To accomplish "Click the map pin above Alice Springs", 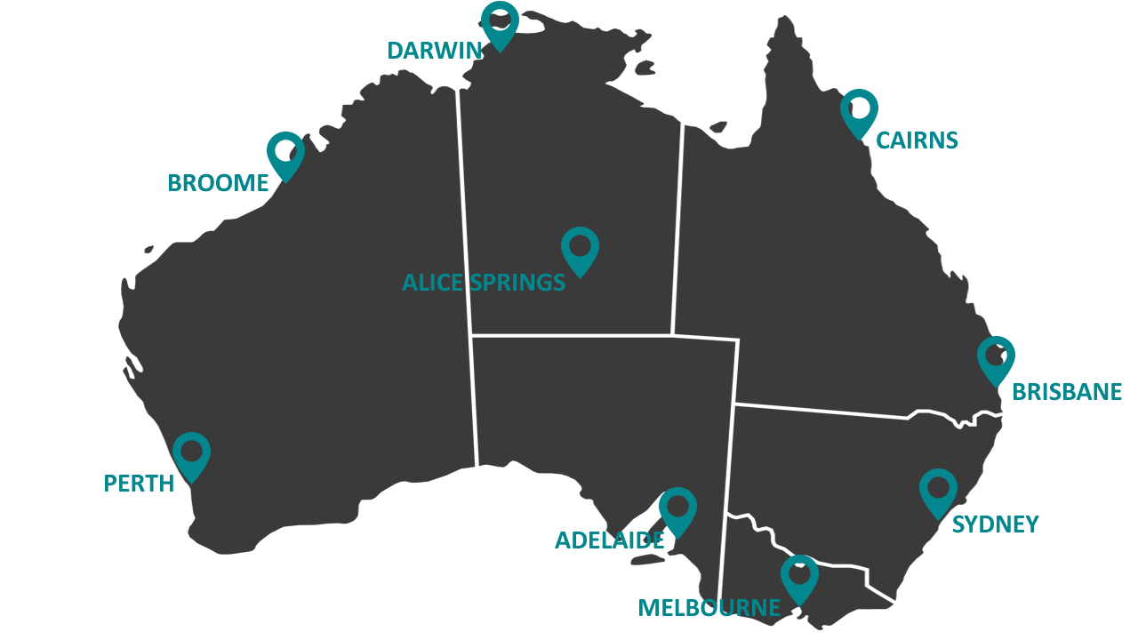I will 580,247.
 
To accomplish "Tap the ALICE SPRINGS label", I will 484,283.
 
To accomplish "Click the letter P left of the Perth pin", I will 109,484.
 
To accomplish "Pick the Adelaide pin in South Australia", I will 677,508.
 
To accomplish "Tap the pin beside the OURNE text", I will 799,576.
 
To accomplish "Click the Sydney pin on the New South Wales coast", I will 938,490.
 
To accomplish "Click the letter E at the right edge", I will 1115,392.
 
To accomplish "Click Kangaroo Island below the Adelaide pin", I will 646,558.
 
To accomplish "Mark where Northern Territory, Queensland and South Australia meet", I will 672,335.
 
